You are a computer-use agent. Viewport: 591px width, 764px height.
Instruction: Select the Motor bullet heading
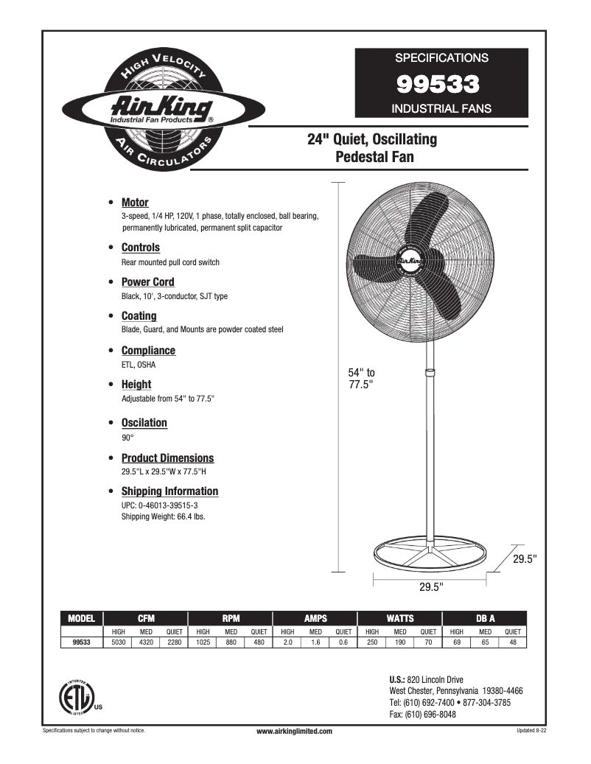point(135,203)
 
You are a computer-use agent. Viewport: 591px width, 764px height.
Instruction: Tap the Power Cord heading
point(147,282)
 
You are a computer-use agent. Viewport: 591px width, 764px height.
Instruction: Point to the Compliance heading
point(148,351)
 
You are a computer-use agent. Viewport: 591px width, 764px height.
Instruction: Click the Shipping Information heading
point(169,491)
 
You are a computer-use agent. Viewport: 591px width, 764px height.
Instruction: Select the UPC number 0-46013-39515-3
point(169,505)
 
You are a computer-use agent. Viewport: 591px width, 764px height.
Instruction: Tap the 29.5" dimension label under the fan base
point(430,587)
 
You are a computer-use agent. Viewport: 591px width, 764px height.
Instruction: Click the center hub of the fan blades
point(410,260)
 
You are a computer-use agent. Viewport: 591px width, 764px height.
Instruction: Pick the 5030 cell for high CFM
point(118,642)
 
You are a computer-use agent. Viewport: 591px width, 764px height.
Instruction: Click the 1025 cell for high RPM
point(203,642)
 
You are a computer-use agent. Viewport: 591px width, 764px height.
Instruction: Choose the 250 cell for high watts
point(372,642)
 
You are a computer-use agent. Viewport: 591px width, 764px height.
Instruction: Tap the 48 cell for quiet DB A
point(513,642)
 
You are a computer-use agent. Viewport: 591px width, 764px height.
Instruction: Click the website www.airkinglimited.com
point(294,731)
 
